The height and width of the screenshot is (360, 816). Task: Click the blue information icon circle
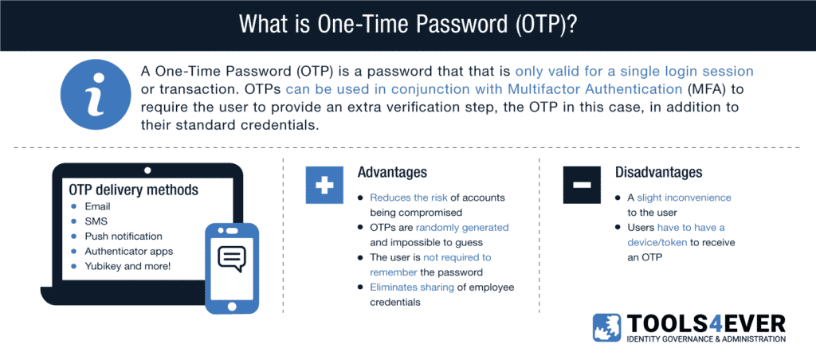pos(95,98)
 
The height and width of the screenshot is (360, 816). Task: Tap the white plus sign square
pos(324,185)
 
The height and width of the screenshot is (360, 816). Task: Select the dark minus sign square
pos(581,185)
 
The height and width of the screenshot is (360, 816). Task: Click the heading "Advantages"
pos(392,173)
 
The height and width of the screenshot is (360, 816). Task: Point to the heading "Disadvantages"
pos(659,172)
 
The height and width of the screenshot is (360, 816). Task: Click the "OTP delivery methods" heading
pos(134,190)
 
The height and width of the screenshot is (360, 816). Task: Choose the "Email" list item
pos(97,207)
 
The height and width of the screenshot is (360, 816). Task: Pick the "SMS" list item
pos(96,221)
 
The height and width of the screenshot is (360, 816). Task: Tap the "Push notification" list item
pos(124,237)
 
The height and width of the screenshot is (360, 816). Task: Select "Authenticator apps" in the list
pos(128,251)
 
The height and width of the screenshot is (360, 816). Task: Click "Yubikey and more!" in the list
pos(127,266)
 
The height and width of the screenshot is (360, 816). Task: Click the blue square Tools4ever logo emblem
pos(606,328)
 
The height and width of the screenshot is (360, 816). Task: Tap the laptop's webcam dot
pos(147,170)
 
